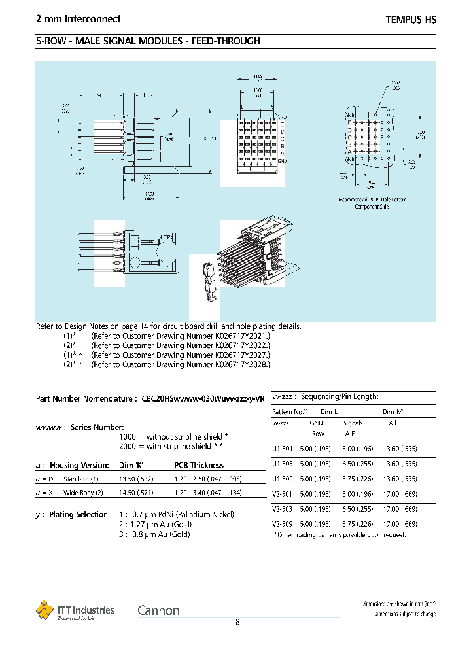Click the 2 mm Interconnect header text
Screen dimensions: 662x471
coord(78,20)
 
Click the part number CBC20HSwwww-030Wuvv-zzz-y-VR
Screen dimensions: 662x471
coord(203,398)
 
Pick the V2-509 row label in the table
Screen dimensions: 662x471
coord(282,524)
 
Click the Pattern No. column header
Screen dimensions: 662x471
coord(289,412)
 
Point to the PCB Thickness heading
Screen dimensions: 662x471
coord(199,466)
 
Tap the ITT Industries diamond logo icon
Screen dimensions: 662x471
coord(44,610)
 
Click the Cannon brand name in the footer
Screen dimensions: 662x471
coord(158,610)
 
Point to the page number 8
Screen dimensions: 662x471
coord(237,623)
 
